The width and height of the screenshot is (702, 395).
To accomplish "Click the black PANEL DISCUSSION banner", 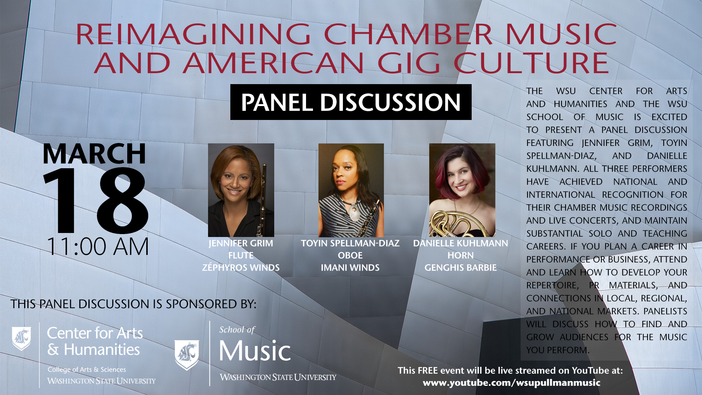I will pyautogui.click(x=351, y=102).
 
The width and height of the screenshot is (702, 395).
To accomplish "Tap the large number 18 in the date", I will pyautogui.click(x=96, y=200).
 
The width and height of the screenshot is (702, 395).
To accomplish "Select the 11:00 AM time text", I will pyautogui.click(x=98, y=247).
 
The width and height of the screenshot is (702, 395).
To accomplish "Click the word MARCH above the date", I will pyautogui.click(x=94, y=154).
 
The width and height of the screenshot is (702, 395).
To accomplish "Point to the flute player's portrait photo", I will pyautogui.click(x=241, y=190).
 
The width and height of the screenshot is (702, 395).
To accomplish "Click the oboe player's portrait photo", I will pyautogui.click(x=351, y=190).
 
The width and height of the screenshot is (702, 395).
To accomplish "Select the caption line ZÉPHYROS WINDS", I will pyautogui.click(x=241, y=268).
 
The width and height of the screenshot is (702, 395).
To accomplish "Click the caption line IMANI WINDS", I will pyautogui.click(x=350, y=268).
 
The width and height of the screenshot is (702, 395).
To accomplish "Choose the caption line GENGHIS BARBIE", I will pyautogui.click(x=460, y=268).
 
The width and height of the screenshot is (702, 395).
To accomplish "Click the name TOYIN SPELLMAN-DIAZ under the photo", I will pyautogui.click(x=350, y=243).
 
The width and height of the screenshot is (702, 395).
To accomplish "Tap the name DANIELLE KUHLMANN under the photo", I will pyautogui.click(x=460, y=243).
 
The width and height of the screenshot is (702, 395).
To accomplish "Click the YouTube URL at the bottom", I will pyautogui.click(x=511, y=383).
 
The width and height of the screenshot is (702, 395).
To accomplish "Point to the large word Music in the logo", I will pyautogui.click(x=255, y=351).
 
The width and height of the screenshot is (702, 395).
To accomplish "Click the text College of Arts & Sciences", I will pyautogui.click(x=87, y=369).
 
